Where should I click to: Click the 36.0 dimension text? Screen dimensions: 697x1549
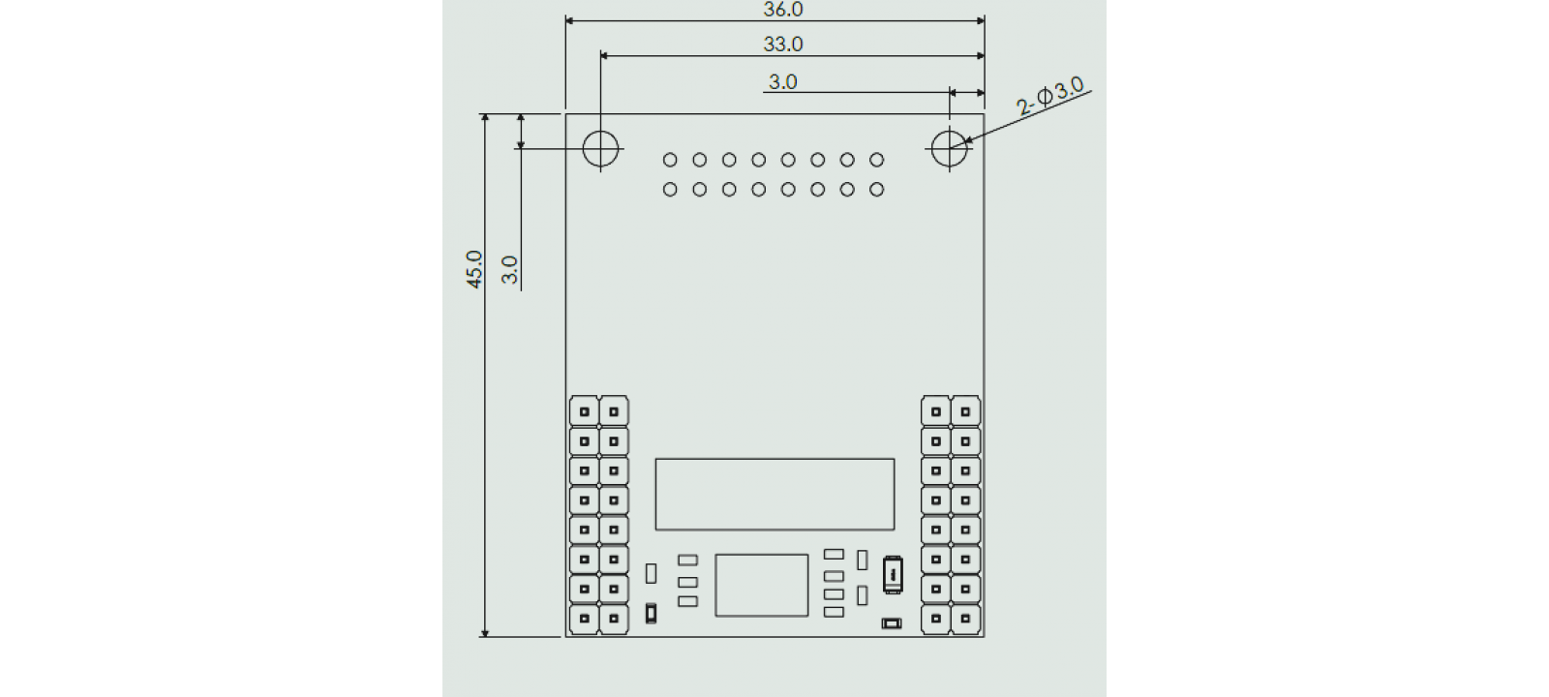pos(783,10)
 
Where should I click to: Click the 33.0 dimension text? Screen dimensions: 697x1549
pos(783,45)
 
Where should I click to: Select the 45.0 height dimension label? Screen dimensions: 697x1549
pos(474,269)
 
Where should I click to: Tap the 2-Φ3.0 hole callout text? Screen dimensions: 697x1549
pos(1050,97)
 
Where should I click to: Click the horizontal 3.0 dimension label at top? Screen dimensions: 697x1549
pos(782,82)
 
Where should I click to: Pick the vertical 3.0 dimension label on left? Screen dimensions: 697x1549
pos(510,269)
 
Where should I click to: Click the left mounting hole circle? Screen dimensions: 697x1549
pos(600,148)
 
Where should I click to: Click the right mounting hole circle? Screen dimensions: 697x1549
pos(950,148)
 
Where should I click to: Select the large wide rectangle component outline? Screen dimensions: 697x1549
pos(774,494)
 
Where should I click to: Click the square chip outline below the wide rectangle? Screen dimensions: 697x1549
pos(762,585)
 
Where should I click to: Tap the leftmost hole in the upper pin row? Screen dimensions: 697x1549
pos(670,160)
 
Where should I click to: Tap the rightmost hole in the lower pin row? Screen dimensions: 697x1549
pos(876,190)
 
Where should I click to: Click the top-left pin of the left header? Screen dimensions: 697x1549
pos(584,412)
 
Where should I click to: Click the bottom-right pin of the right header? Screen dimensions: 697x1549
pos(965,619)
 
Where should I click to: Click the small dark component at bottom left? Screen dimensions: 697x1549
pos(651,614)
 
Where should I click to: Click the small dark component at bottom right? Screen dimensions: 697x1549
pos(892,623)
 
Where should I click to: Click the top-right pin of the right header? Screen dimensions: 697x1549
pos(965,412)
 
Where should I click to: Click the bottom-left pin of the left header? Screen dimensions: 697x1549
pos(584,619)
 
